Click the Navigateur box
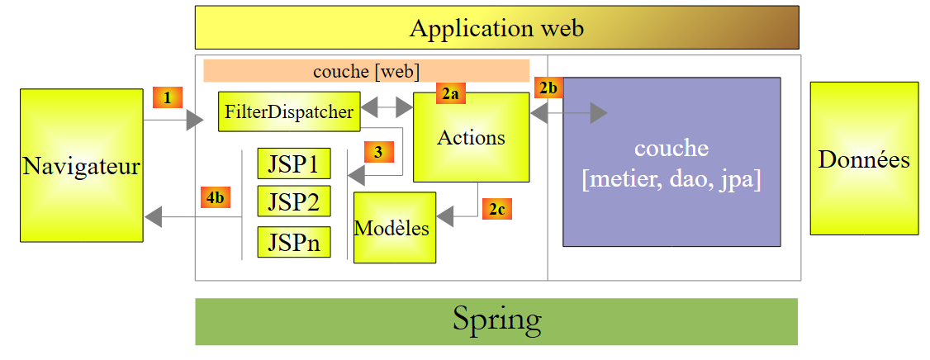click(x=81, y=165)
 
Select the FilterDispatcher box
click(x=289, y=111)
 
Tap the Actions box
click(x=471, y=137)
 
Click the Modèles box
click(x=394, y=228)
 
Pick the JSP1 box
click(x=293, y=163)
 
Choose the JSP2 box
click(x=293, y=201)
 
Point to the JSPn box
click(x=293, y=242)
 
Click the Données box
click(x=864, y=159)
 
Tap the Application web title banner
click(x=496, y=28)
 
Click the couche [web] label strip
click(x=366, y=71)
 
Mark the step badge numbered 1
click(x=168, y=97)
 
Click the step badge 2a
click(x=451, y=94)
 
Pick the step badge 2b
click(x=548, y=87)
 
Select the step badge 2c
click(x=497, y=209)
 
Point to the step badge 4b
click(x=215, y=197)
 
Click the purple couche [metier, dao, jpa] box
click(x=671, y=162)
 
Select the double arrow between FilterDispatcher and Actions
click(x=387, y=107)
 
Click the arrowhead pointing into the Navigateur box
click(x=153, y=217)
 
